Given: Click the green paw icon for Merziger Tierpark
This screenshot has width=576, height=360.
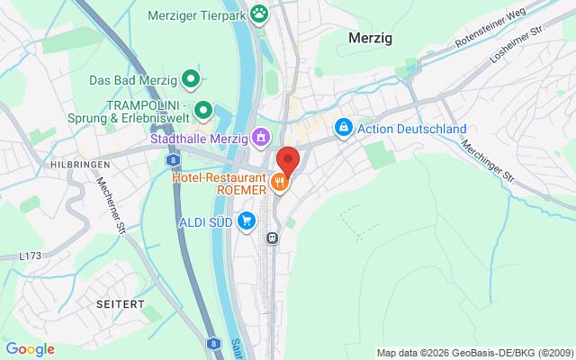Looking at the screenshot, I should pyautogui.click(x=261, y=13).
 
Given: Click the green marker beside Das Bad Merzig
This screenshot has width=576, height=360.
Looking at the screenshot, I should pyautogui.click(x=191, y=80).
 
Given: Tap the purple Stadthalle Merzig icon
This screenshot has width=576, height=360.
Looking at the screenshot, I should pyautogui.click(x=260, y=138).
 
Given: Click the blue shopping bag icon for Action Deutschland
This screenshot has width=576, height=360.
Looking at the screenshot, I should pyautogui.click(x=343, y=129).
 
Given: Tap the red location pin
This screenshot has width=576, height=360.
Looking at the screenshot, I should pyautogui.click(x=287, y=160).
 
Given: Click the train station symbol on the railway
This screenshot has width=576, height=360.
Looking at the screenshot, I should pyautogui.click(x=271, y=238).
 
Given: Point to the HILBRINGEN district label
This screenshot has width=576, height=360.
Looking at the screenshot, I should pyautogui.click(x=80, y=166).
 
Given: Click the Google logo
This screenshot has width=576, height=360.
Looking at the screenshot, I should pyautogui.click(x=30, y=349).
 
